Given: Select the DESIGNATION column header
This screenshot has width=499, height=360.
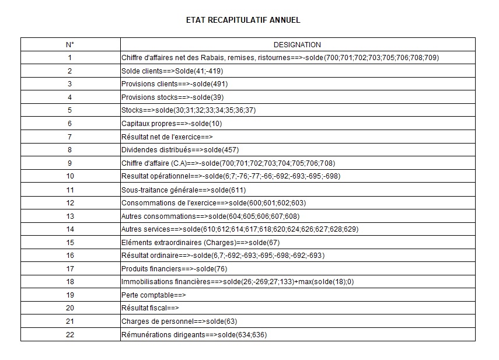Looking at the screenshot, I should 297,44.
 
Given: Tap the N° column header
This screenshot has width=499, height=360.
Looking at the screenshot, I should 70,44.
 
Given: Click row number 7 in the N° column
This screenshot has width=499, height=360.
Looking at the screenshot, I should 70,137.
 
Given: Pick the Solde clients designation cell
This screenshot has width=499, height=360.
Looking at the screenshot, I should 172,71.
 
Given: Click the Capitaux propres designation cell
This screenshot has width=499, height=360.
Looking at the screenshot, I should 172,124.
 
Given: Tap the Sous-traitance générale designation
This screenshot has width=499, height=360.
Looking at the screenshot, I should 183,190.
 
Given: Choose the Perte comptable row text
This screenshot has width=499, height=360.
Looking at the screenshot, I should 153,295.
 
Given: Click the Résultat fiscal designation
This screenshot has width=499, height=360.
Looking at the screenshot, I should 150,308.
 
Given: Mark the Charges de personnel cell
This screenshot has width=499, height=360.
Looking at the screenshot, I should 179,321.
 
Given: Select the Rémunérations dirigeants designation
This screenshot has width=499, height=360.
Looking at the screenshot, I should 194,334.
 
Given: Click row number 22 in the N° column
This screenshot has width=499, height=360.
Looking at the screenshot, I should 70,334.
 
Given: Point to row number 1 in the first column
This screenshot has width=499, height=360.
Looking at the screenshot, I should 70,58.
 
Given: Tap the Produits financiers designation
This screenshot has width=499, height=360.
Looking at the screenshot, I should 174,268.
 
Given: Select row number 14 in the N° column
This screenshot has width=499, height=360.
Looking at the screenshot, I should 70,229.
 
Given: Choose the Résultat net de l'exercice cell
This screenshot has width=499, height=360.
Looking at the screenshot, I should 167,137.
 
